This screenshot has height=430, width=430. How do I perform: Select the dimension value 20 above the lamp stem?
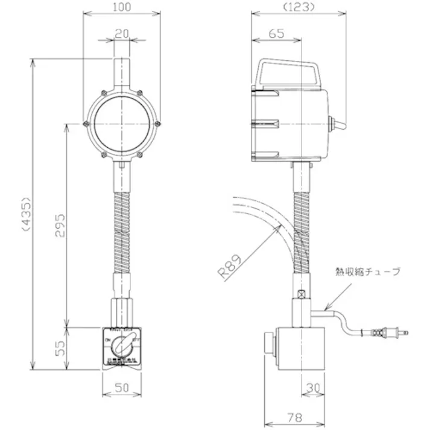click(122, 34)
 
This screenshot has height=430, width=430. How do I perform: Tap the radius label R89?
click(230, 264)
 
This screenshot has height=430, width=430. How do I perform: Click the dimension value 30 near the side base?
click(312, 387)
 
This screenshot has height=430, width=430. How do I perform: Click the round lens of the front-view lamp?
click(122, 124)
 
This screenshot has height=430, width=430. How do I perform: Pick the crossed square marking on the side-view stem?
click(302, 294)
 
